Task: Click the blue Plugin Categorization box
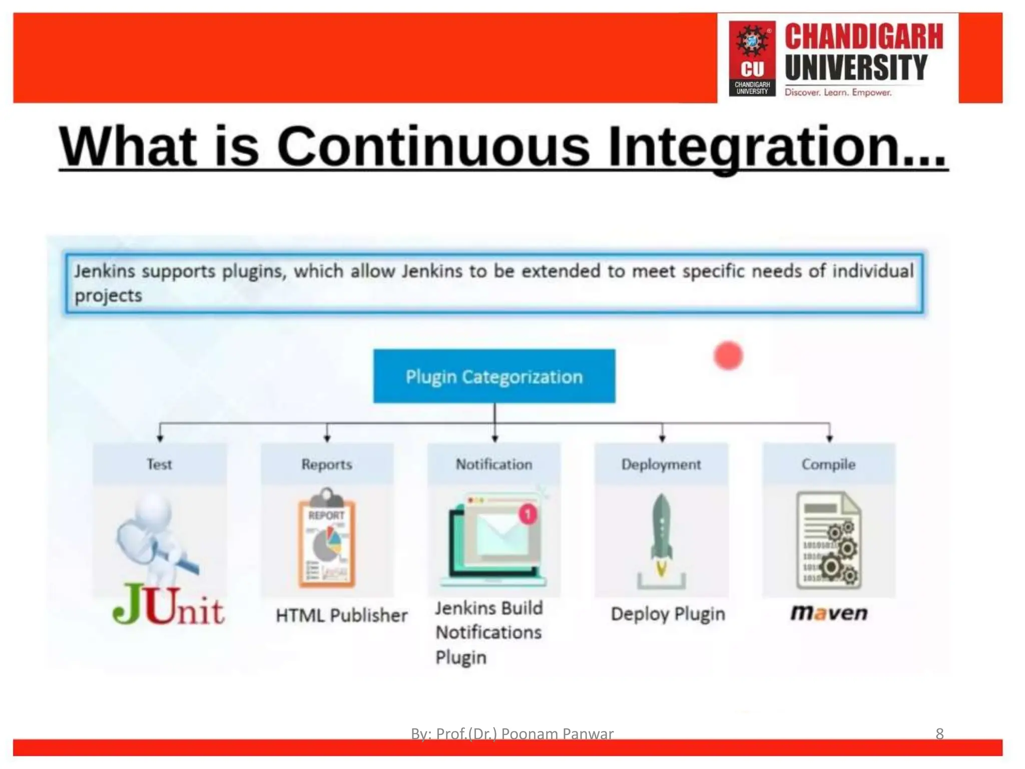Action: click(x=494, y=376)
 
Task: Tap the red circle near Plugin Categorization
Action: click(x=728, y=355)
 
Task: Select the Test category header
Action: click(x=159, y=464)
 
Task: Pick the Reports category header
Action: click(x=326, y=464)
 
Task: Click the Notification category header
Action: click(x=493, y=464)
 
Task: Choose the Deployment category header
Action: click(x=661, y=464)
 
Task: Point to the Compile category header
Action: click(x=828, y=464)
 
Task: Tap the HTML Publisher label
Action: click(x=341, y=615)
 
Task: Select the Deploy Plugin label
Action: click(x=668, y=614)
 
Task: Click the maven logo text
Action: click(x=828, y=613)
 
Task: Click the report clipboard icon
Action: click(x=326, y=538)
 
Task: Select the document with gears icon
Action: click(x=828, y=541)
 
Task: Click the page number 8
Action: click(x=939, y=733)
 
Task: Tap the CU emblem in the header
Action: click(x=752, y=58)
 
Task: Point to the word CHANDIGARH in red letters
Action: click(x=863, y=36)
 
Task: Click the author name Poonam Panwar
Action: click(x=557, y=733)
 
